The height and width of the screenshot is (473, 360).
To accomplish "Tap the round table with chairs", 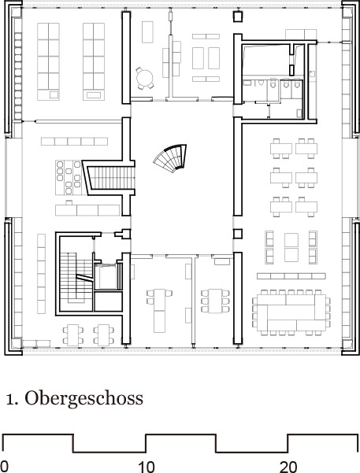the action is [x=144, y=79].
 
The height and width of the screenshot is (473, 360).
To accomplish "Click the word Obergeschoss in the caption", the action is [x=84, y=399].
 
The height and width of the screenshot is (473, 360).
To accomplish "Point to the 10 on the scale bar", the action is [x=146, y=467].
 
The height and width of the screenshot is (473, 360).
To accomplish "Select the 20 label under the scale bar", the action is [x=288, y=467].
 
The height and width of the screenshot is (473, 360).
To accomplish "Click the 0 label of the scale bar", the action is [x=4, y=467].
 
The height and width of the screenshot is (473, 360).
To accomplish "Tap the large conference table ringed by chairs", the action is [x=291, y=312].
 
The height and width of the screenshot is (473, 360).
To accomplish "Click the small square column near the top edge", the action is [x=238, y=17].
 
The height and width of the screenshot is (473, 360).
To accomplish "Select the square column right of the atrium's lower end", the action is [x=238, y=234].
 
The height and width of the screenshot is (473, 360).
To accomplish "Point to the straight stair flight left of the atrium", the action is [x=113, y=178].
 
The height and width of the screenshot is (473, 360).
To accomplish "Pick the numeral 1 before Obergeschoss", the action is [x=9, y=399].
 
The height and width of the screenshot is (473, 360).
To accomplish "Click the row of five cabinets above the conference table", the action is [x=291, y=276].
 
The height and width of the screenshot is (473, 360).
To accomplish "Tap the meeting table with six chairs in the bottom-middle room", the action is [x=215, y=301].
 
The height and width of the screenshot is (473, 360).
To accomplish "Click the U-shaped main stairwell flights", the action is [x=76, y=278].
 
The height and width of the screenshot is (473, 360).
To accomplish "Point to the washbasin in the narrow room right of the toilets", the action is [x=312, y=73].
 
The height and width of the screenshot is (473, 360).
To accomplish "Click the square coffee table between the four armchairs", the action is [x=291, y=247].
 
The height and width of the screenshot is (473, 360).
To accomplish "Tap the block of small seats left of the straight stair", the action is [x=69, y=177].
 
